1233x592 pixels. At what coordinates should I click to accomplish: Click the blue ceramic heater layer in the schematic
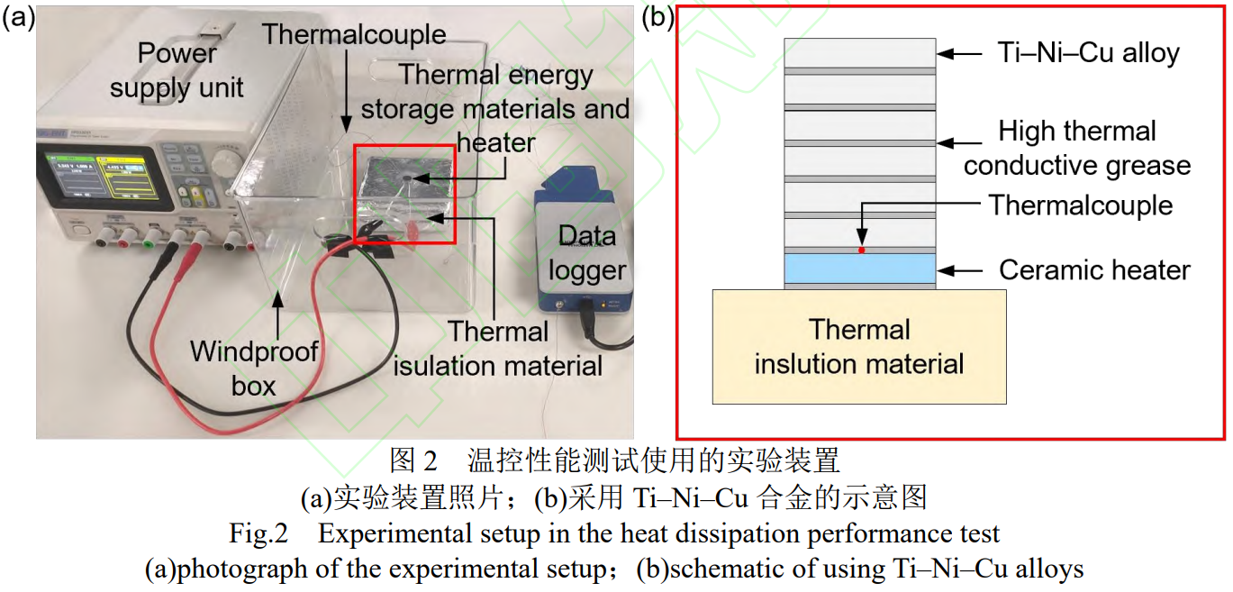click(x=859, y=268)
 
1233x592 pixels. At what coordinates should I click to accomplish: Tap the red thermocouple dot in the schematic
click(x=862, y=250)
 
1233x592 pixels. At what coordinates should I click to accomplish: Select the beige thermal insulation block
click(x=859, y=347)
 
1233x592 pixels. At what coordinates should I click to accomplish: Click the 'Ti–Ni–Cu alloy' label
click(x=1088, y=53)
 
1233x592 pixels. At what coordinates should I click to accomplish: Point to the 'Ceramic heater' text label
click(x=1094, y=269)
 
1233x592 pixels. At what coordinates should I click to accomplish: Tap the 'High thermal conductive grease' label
click(x=1077, y=149)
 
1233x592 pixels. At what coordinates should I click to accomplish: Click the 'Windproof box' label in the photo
click(x=254, y=369)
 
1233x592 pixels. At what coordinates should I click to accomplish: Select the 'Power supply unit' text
click(x=177, y=70)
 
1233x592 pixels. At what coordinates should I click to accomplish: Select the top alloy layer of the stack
click(x=859, y=52)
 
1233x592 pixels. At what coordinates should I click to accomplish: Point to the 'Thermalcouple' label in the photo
click(x=354, y=35)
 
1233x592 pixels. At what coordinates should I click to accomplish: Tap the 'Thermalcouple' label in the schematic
click(x=1081, y=205)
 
